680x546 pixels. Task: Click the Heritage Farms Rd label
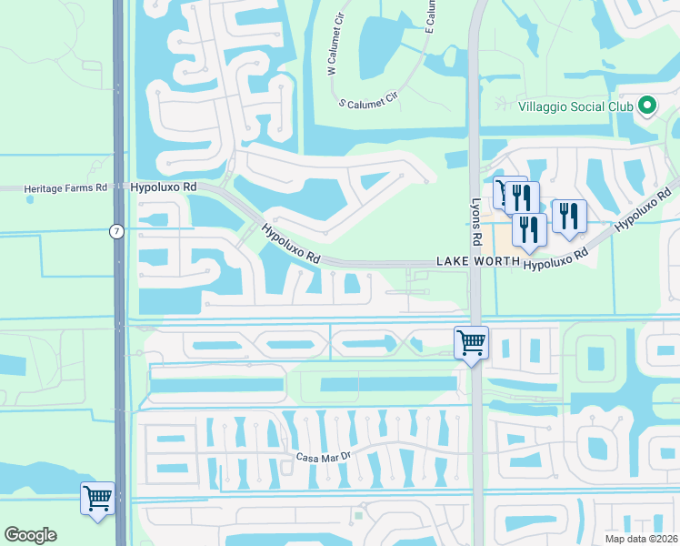[x=65, y=187]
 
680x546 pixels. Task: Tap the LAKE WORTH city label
[x=476, y=262]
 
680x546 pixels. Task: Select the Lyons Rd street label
[x=475, y=222]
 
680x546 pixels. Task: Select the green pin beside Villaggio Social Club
[x=647, y=106]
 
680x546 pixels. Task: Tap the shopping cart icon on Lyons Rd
[x=471, y=343]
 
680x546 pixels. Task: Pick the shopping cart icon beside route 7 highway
[x=98, y=498]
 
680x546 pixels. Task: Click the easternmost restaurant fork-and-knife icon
[x=568, y=216]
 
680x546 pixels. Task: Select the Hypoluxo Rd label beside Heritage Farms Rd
[x=164, y=187]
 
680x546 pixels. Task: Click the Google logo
[x=30, y=535]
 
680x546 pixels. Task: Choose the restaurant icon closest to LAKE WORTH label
[x=528, y=229]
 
